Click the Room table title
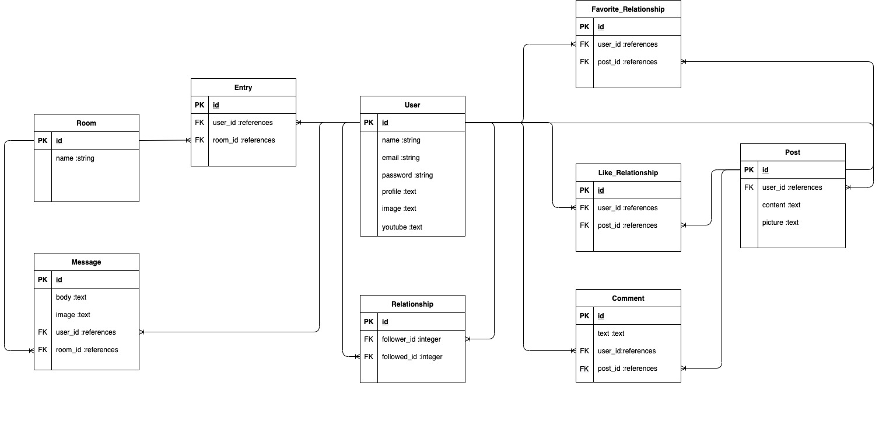click(x=86, y=123)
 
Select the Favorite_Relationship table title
click(x=628, y=9)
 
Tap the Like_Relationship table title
click(x=628, y=173)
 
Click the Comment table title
click(x=628, y=298)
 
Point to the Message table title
click(x=86, y=262)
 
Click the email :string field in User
click(x=401, y=158)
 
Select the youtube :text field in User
click(x=402, y=227)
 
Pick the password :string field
click(x=407, y=175)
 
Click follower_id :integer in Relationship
click(x=411, y=339)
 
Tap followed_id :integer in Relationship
click(x=412, y=357)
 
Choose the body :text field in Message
click(x=71, y=297)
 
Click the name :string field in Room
click(x=75, y=158)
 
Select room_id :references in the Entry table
click(x=244, y=140)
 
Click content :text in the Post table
click(x=781, y=205)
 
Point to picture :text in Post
click(x=780, y=223)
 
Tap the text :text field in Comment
click(x=611, y=333)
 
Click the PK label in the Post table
click(x=749, y=170)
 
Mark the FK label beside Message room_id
click(x=43, y=350)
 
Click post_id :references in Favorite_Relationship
click(x=628, y=62)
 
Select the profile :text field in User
click(x=399, y=192)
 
